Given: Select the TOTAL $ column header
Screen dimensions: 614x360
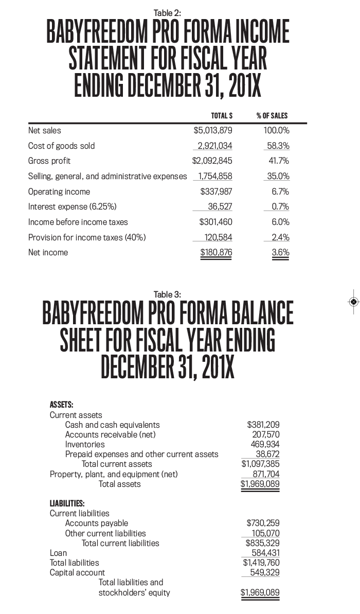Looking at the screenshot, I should pyautogui.click(x=222, y=116).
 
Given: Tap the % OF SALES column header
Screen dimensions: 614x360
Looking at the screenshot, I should pyautogui.click(x=272, y=116).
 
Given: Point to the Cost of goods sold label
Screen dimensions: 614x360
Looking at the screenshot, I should pyautogui.click(x=61, y=146).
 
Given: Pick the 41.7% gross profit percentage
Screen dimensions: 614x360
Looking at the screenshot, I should pyautogui.click(x=279, y=161).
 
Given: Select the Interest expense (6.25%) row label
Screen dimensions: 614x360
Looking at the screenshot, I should pyautogui.click(x=72, y=207).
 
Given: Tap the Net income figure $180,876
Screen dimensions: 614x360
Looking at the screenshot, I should pyautogui.click(x=216, y=253).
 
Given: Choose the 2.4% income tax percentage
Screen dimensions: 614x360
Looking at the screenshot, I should pyautogui.click(x=280, y=237).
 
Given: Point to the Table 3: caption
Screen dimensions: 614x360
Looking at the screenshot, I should pyautogui.click(x=167, y=294).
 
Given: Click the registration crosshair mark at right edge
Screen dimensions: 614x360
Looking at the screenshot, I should pyautogui.click(x=353, y=302).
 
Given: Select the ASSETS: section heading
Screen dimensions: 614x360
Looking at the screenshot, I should pyautogui.click(x=61, y=405).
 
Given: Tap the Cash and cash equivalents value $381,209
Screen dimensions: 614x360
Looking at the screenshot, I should pyautogui.click(x=263, y=425).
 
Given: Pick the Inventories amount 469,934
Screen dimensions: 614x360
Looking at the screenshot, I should pyautogui.click(x=266, y=444).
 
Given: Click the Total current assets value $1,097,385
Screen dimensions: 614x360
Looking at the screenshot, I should pyautogui.click(x=260, y=464).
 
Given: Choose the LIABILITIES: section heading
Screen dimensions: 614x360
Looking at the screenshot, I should pyautogui.click(x=67, y=503).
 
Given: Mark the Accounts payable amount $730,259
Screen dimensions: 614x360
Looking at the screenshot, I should pyautogui.click(x=263, y=523).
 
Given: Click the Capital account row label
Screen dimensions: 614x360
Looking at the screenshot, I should pyautogui.click(x=77, y=572).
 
